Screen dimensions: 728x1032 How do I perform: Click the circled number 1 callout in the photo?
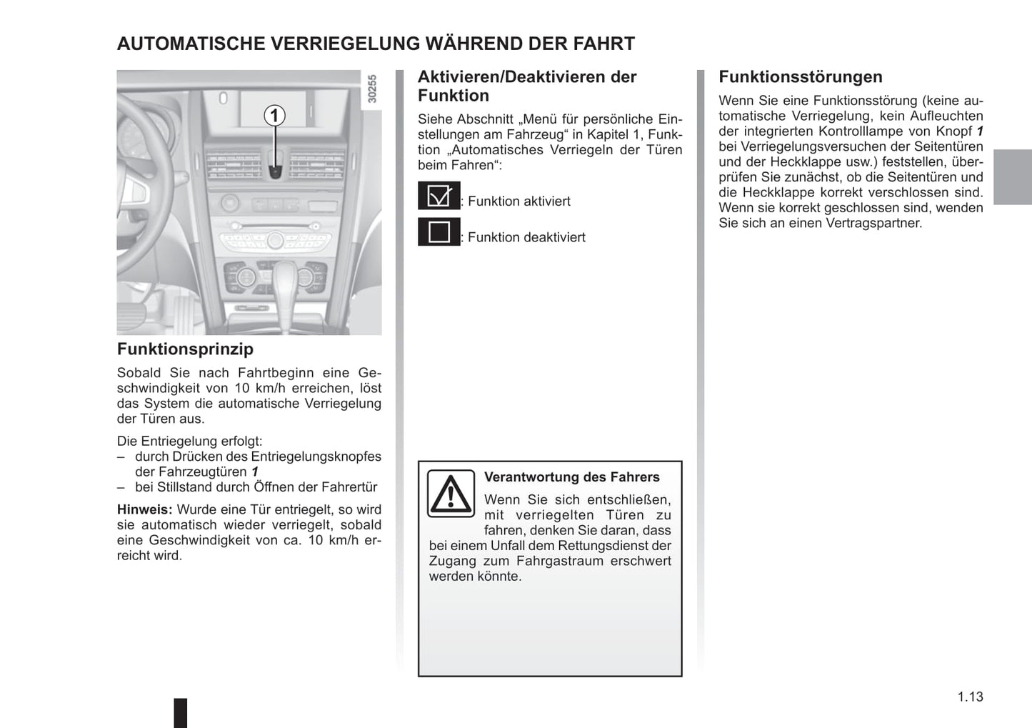click(274, 115)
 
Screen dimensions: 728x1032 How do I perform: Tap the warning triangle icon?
click(451, 494)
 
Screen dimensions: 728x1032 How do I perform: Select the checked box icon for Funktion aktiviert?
click(439, 196)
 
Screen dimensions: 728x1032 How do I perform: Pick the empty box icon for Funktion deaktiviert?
click(439, 232)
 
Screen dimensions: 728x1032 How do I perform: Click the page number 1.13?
click(970, 697)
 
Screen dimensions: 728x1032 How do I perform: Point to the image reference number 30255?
click(372, 89)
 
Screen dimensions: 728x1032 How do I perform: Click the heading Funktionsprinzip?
click(185, 349)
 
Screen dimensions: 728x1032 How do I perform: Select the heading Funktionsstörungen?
click(800, 77)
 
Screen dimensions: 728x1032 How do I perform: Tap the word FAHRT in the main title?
click(603, 44)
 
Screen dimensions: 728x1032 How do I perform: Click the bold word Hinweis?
click(144, 509)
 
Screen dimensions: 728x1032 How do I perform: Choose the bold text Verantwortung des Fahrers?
click(571, 477)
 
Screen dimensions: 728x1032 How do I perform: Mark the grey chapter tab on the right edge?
click(1012, 177)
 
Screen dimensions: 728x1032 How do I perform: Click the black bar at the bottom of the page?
click(181, 712)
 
